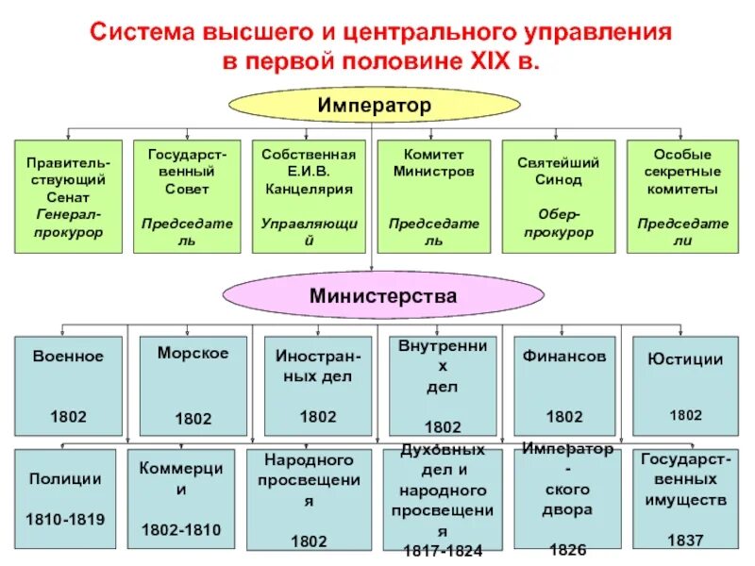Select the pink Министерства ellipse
pyautogui.click(x=382, y=295)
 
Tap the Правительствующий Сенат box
pyautogui.click(x=68, y=196)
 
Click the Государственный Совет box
pyautogui.click(x=188, y=196)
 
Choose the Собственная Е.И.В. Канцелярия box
pyautogui.click(x=308, y=196)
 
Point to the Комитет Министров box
pyautogui.click(x=433, y=196)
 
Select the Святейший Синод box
pyautogui.click(x=558, y=196)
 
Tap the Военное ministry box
pyautogui.click(x=68, y=385)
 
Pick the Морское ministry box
pyautogui.click(x=193, y=385)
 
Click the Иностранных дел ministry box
pyautogui.click(x=317, y=385)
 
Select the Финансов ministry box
pyautogui.click(x=564, y=385)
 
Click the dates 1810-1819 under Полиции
pyautogui.click(x=67, y=519)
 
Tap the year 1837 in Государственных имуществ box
pyautogui.click(x=686, y=541)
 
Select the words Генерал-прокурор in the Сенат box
pyautogui.click(x=68, y=224)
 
